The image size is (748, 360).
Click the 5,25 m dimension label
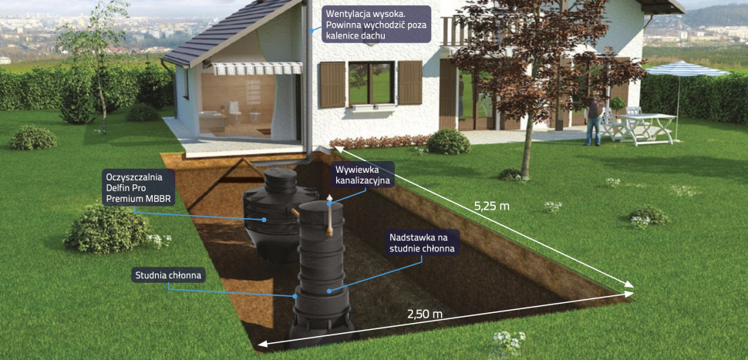pyautogui.click(x=492, y=207)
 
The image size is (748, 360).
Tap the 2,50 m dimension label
pyautogui.click(x=426, y=314)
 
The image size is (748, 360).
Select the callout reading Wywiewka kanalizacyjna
pyautogui.click(x=363, y=174)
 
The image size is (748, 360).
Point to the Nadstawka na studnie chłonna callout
pyautogui.click(x=423, y=243)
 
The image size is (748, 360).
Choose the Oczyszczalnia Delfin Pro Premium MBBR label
pyautogui.click(x=139, y=188)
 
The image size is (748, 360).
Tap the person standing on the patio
pyautogui.click(x=592, y=120)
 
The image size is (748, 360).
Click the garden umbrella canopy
pyautogui.click(x=686, y=71)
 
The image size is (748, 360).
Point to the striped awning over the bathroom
pyautogui.click(x=257, y=69)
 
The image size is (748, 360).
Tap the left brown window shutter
pyautogui.click(x=332, y=85)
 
